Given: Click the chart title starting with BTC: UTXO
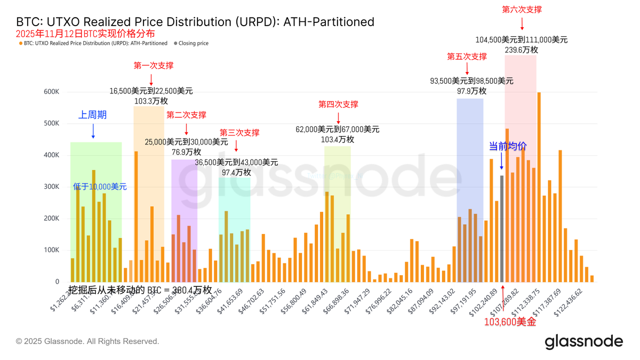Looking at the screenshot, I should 195,22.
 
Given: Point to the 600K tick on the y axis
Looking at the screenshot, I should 51,92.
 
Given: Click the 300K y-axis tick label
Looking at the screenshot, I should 51,187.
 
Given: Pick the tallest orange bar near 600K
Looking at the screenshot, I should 539,187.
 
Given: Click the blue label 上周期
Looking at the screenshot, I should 93,115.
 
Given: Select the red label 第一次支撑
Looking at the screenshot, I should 153,66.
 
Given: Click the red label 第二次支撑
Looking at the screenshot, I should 186,115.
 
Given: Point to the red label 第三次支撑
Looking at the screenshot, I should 239,132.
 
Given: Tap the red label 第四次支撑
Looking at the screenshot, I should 338,104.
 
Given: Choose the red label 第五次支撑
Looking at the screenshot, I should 467,56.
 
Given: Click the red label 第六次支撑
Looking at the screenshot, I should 522,9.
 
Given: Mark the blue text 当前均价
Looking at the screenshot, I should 508,146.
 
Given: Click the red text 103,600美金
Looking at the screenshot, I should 510,322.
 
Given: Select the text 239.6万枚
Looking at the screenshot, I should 521,50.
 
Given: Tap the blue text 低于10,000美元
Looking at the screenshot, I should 100,187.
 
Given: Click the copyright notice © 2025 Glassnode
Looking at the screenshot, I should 87,341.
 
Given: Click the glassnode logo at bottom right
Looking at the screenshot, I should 583,341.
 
